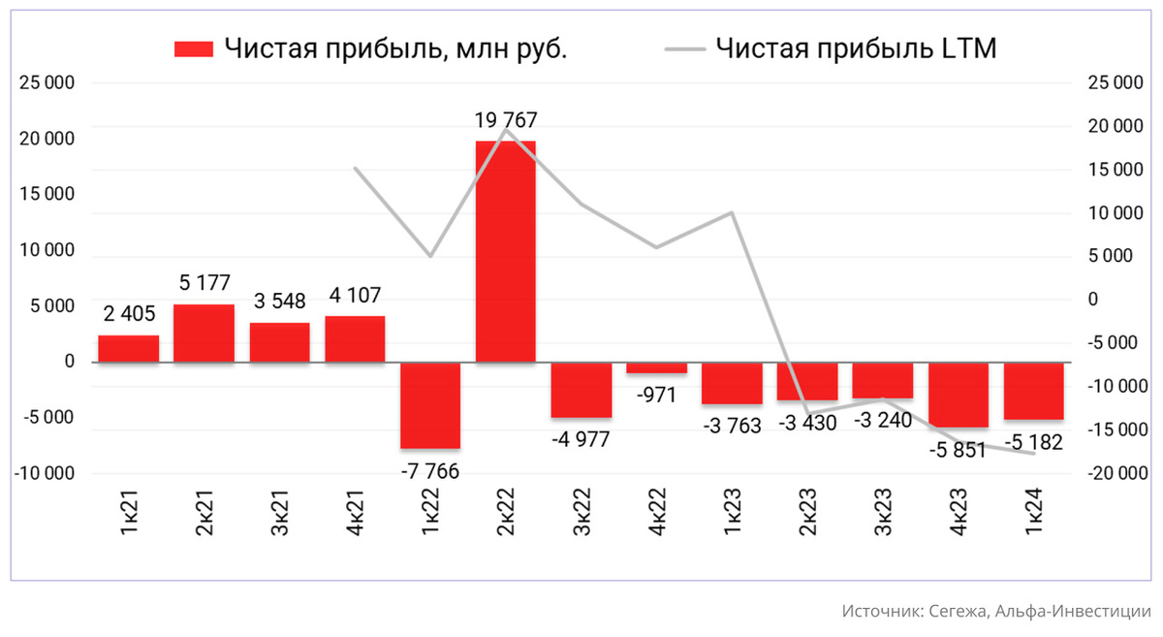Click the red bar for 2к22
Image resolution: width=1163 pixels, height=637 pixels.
click(x=505, y=251)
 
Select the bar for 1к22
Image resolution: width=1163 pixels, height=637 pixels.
click(x=430, y=405)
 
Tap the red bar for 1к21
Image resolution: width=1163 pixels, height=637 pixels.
click(x=128, y=349)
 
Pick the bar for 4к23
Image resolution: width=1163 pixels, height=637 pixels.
click(x=959, y=395)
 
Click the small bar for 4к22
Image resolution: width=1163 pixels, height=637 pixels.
click(x=656, y=367)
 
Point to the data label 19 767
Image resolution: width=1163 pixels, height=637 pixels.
click(x=505, y=121)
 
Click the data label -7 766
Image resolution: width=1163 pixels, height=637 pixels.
click(x=430, y=471)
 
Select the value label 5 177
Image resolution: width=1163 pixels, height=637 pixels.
click(x=204, y=284)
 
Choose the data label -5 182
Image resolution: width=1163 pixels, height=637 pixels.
click(x=1035, y=443)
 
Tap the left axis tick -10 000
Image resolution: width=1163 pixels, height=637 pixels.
click(x=44, y=474)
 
